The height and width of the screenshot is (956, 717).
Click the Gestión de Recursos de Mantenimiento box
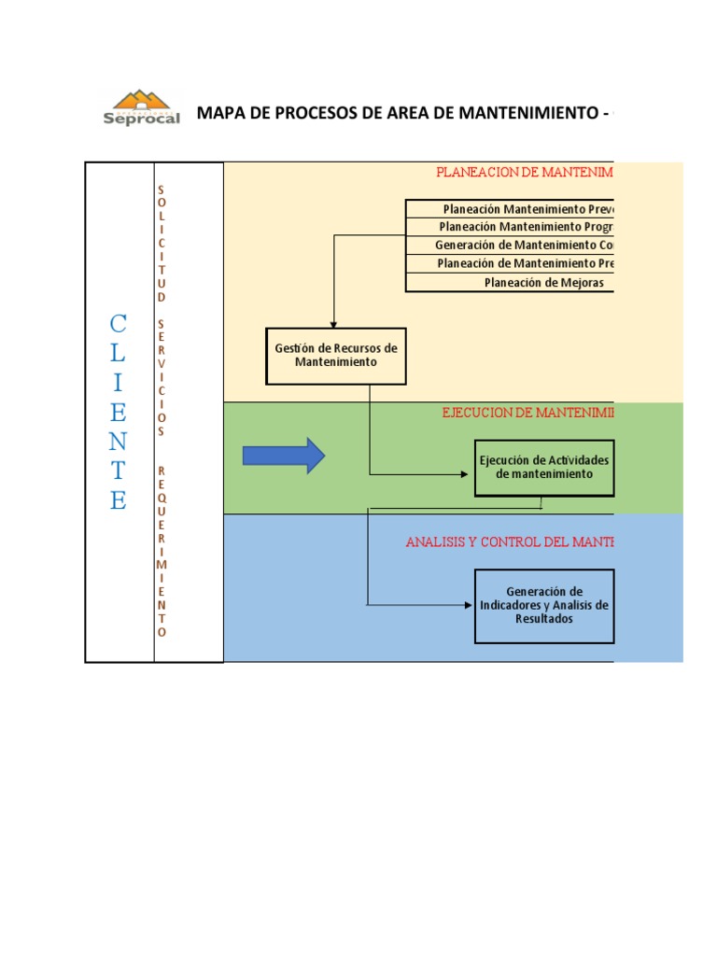[x=336, y=356]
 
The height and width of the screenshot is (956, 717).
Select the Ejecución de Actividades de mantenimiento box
[x=543, y=467]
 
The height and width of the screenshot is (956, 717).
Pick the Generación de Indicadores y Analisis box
[x=543, y=605]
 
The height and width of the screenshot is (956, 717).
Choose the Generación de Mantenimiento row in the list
[x=523, y=246]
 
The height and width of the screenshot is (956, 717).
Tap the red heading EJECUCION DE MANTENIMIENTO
[x=527, y=412]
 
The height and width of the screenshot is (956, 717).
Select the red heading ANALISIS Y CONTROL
[x=510, y=541]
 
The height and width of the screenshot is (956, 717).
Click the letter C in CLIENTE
[x=118, y=324]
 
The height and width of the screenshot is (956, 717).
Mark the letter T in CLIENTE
[x=118, y=471]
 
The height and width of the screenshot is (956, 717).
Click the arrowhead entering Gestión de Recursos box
[x=334, y=323]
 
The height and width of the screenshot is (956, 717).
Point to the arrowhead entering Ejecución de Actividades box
[x=469, y=474]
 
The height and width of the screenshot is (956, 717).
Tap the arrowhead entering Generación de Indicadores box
[x=469, y=605]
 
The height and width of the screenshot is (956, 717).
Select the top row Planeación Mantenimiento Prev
[x=527, y=209]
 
